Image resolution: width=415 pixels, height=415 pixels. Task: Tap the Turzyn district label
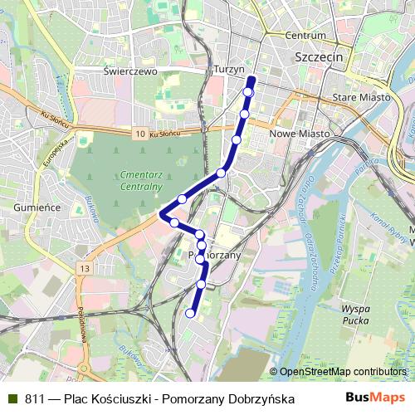[228, 70]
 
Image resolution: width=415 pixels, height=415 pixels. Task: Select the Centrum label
[305, 36]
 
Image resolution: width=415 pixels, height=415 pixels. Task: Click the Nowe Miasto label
[300, 133]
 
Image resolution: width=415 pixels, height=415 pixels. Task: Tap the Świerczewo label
[130, 71]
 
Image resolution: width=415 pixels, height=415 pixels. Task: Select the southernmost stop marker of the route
[190, 314]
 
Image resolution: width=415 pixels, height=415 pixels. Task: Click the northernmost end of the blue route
[251, 79]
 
